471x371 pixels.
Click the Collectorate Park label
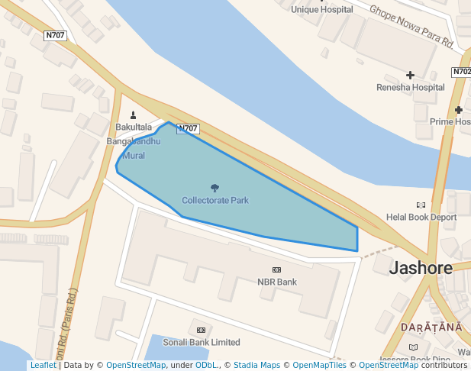click(215, 200)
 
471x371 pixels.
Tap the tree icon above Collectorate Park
click(215, 187)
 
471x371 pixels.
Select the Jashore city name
click(421, 268)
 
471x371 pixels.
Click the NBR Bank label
click(276, 282)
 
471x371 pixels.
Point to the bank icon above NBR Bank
click(276, 270)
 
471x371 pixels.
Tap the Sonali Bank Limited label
click(202, 343)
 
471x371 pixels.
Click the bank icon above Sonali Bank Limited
click(201, 330)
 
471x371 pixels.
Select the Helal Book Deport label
click(421, 217)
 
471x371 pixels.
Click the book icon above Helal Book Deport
click(421, 205)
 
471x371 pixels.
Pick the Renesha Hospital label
click(410, 87)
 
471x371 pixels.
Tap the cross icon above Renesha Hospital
click(411, 75)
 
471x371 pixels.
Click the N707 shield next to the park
click(188, 129)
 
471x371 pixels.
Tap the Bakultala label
click(134, 127)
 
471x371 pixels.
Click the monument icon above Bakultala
click(134, 115)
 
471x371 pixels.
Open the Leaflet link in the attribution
click(43, 365)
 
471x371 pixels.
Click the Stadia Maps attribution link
click(256, 365)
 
